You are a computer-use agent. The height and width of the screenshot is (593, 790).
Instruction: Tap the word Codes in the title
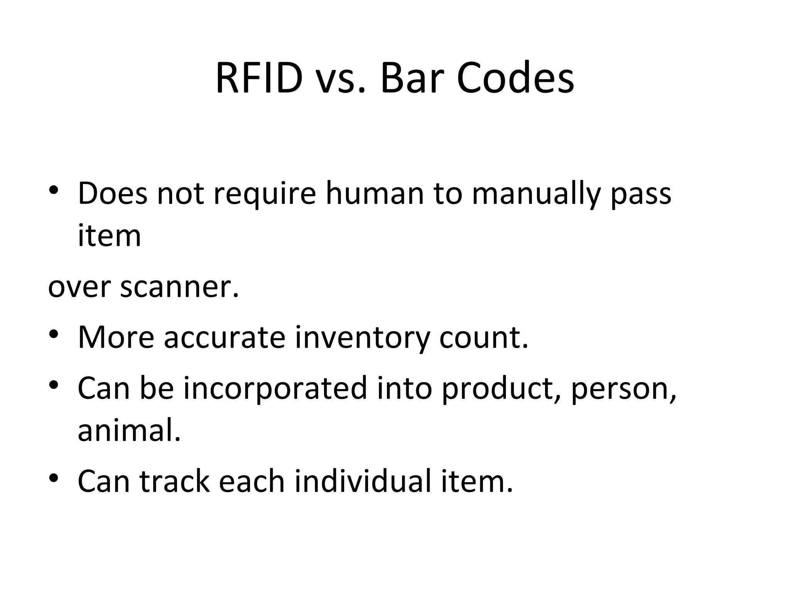tap(515, 78)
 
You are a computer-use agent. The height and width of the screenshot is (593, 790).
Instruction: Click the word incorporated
tap(275, 388)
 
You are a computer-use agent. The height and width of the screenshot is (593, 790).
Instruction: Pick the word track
tap(175, 481)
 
